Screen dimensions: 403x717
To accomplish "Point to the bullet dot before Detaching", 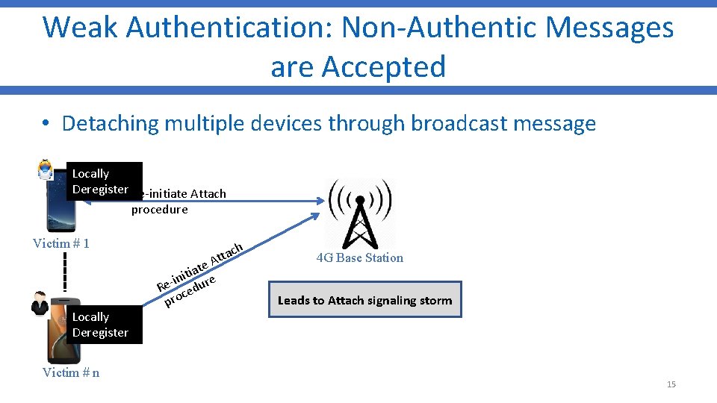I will [46, 124].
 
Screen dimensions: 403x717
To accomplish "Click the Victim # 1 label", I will [61, 243].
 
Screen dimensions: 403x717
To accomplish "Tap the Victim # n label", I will [71, 372].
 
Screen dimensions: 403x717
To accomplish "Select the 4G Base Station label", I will [359, 258].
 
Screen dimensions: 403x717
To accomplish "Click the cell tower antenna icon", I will [359, 212].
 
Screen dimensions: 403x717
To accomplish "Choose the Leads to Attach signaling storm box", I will [364, 300].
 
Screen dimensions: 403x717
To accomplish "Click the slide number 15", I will [671, 384].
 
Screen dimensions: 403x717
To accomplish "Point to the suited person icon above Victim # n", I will [40, 303].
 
